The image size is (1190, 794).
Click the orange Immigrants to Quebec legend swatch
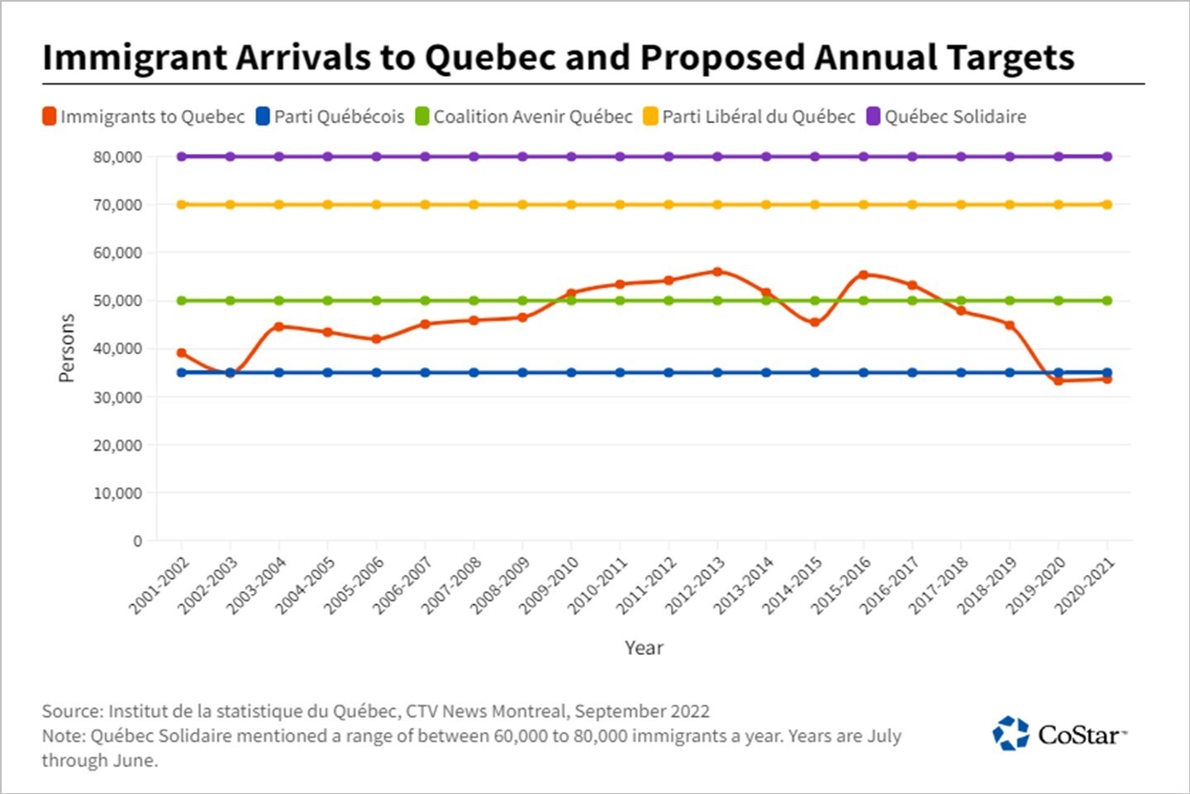(x=50, y=117)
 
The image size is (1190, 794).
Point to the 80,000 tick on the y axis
(x=117, y=157)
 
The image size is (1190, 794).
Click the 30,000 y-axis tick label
(x=117, y=397)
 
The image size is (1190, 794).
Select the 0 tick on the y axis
(x=137, y=541)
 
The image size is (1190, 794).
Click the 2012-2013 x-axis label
(x=696, y=586)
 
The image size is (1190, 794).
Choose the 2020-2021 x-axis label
(x=1085, y=586)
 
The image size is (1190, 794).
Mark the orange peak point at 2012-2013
(x=717, y=271)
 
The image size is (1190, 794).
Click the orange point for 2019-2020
(x=1059, y=380)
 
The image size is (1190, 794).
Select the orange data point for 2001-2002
(x=182, y=353)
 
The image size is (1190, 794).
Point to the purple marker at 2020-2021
(x=1107, y=156)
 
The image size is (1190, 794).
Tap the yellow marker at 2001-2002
(x=182, y=204)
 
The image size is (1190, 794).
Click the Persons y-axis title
(x=66, y=348)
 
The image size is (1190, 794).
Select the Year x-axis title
(x=644, y=648)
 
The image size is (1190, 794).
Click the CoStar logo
(x=1059, y=734)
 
